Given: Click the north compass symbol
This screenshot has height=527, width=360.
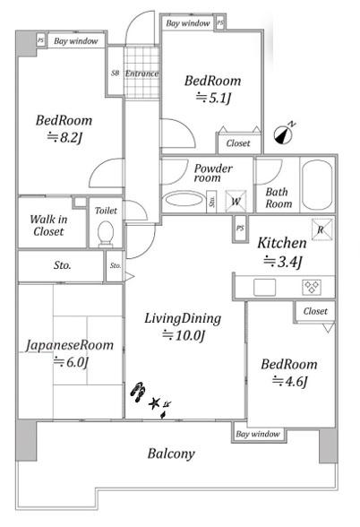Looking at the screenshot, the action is click(x=284, y=134).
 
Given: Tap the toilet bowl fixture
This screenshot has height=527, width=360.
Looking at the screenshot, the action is click(x=105, y=233).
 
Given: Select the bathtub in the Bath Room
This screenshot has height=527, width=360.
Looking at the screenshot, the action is click(x=317, y=185).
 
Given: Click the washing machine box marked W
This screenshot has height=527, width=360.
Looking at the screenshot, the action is click(x=236, y=202).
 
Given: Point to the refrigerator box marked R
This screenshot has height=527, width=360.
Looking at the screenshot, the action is click(x=321, y=229).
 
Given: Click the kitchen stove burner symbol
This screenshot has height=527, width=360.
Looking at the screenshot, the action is click(x=312, y=288).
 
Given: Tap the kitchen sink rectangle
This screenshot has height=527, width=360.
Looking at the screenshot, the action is click(x=265, y=288).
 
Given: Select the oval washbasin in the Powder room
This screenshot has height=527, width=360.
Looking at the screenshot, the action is click(x=184, y=199).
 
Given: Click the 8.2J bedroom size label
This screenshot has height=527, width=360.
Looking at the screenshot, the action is click(x=64, y=137).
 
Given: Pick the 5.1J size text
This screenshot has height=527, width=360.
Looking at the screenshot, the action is click(x=213, y=98).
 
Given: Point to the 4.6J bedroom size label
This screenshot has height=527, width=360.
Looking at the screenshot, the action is click(x=289, y=381).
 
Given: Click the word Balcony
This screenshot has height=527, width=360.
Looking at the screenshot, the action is click(x=171, y=454).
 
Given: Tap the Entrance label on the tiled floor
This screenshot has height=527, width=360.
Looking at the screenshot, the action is click(x=141, y=73).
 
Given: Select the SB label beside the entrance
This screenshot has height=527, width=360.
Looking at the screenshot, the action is click(x=115, y=73).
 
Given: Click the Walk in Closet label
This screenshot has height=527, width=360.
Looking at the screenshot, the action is click(x=48, y=225).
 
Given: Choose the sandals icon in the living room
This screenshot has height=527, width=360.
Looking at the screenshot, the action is click(x=138, y=392).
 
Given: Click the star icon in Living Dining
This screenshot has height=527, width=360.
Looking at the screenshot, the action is click(x=154, y=403).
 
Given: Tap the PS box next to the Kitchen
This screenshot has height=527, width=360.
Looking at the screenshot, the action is click(x=240, y=229).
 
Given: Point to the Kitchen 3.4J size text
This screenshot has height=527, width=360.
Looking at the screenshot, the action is click(x=283, y=262).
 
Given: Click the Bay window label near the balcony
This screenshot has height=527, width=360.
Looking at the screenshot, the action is click(x=258, y=434).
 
